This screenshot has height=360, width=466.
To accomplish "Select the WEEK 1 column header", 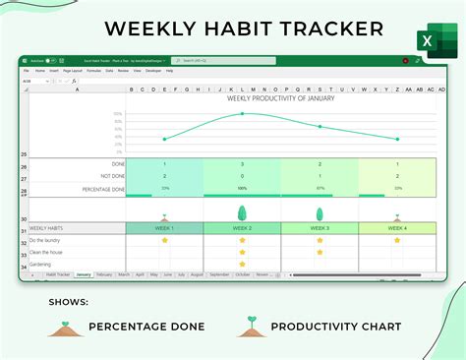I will (x=164, y=227).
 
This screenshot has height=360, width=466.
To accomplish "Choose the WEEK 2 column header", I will (x=242, y=227).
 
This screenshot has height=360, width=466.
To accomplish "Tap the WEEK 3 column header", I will (x=320, y=227).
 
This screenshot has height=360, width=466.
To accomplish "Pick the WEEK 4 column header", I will (x=396, y=227).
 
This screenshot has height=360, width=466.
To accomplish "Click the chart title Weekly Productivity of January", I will (x=280, y=97).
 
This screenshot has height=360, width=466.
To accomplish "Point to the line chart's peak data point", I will (x=243, y=114).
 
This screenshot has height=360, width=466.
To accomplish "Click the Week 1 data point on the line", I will (x=164, y=139).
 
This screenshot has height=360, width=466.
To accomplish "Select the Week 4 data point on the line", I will (x=396, y=139).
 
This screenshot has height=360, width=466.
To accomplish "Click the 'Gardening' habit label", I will (x=42, y=264).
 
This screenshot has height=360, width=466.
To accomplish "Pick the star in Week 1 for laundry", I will (x=164, y=240).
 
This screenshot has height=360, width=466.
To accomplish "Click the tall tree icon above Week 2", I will (x=242, y=212).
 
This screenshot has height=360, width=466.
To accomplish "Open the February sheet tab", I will (x=105, y=275).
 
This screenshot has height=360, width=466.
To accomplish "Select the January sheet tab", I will (x=84, y=275).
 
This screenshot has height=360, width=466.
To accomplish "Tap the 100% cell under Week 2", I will (x=242, y=188).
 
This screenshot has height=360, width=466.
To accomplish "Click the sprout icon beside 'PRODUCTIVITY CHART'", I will (x=252, y=326).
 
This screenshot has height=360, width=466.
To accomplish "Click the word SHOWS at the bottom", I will (x=68, y=302).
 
